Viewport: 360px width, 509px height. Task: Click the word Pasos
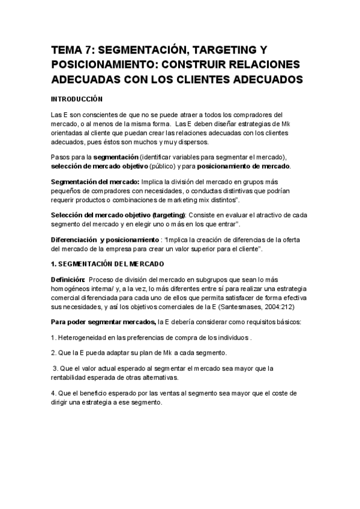coord(61,157)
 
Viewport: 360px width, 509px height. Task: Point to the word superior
coord(188,248)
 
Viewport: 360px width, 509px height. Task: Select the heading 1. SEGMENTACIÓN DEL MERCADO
coord(107,264)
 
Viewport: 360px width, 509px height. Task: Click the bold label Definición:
coord(68,279)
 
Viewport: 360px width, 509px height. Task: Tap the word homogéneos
coord(72,288)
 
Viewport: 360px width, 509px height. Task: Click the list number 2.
coord(53,352)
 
